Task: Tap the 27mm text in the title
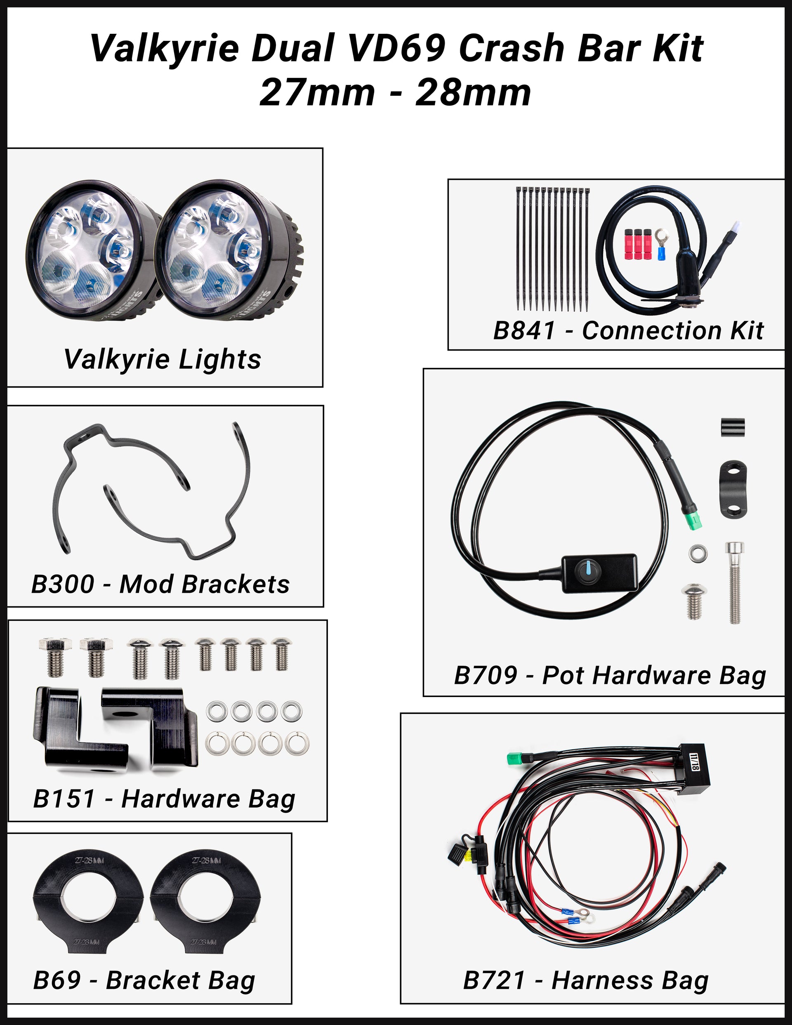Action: pyautogui.click(x=317, y=92)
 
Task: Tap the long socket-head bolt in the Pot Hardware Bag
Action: pyautogui.click(x=734, y=582)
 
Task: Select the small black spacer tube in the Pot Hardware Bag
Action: pyautogui.click(x=732, y=427)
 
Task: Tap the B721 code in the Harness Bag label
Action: pyautogui.click(x=494, y=980)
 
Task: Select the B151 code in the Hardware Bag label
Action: pyautogui.click(x=64, y=799)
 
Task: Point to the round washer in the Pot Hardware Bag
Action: pyautogui.click(x=697, y=553)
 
